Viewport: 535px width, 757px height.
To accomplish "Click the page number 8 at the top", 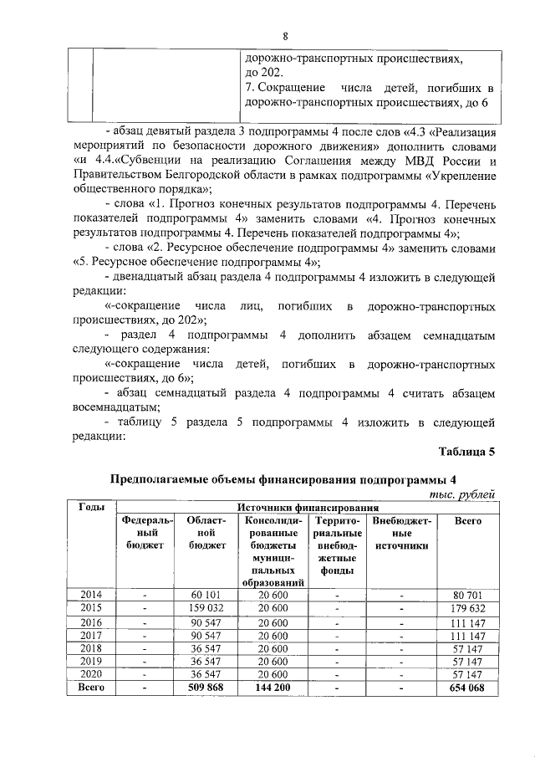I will pos(285,36).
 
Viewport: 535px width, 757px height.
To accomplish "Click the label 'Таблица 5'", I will pos(467,453).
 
